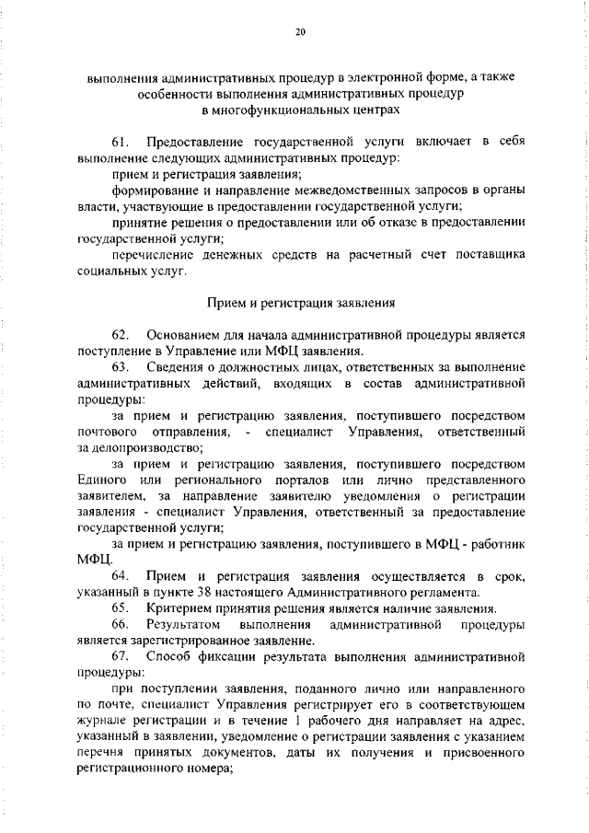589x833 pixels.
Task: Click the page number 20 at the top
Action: [x=300, y=32]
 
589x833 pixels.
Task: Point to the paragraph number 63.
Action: [x=120, y=368]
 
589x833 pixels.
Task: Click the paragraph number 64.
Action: [x=120, y=575]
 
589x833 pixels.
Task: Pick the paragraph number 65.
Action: [x=120, y=608]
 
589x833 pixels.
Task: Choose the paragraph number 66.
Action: [x=120, y=625]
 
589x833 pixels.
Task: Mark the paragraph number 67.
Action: [x=120, y=658]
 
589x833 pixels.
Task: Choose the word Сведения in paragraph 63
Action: [x=176, y=368]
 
